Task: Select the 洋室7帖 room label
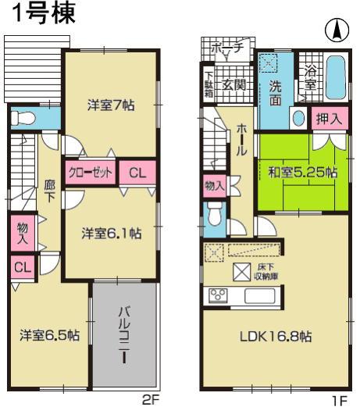click(107, 105)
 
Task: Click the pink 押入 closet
click(328, 120)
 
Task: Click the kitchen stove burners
click(216, 295)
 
